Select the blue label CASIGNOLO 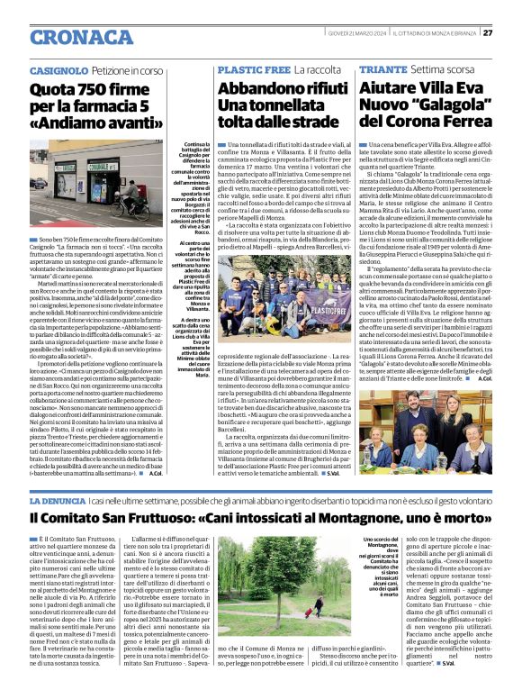(58, 69)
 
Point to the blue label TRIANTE (382, 69)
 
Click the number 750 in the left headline (85, 88)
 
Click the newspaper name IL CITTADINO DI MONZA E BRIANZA (431, 33)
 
